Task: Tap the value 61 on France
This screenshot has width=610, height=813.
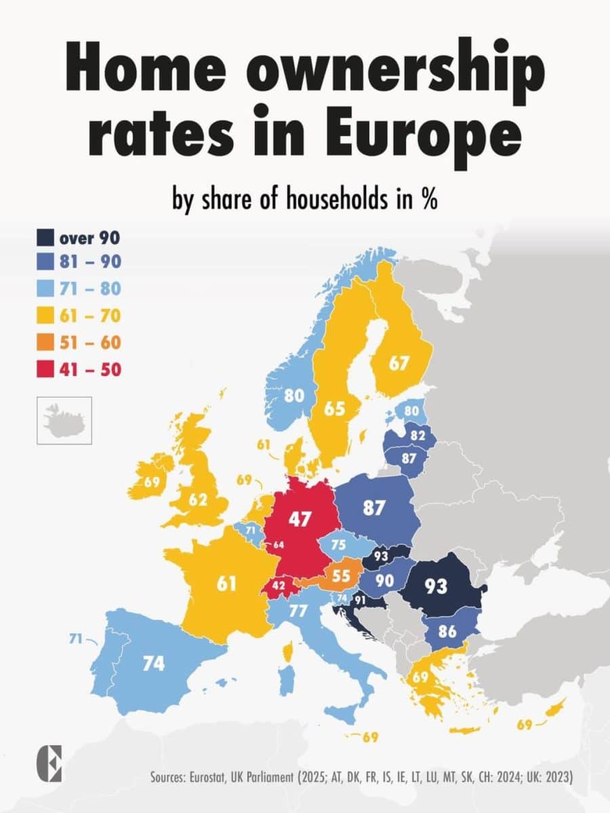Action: (x=226, y=583)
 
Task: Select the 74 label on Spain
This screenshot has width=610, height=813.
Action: (x=153, y=663)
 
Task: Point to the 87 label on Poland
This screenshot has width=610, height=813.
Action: (x=373, y=507)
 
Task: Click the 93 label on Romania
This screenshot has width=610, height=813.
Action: (x=436, y=585)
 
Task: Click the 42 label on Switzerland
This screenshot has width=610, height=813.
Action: (x=279, y=585)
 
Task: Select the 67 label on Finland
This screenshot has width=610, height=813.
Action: (x=399, y=363)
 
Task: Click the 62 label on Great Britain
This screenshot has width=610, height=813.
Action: (x=198, y=500)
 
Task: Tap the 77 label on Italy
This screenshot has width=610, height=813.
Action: (x=299, y=611)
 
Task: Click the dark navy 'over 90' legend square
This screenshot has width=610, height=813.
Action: (x=44, y=238)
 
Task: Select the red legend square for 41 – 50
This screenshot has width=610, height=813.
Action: (x=44, y=370)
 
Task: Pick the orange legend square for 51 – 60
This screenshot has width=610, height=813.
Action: (x=44, y=343)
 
